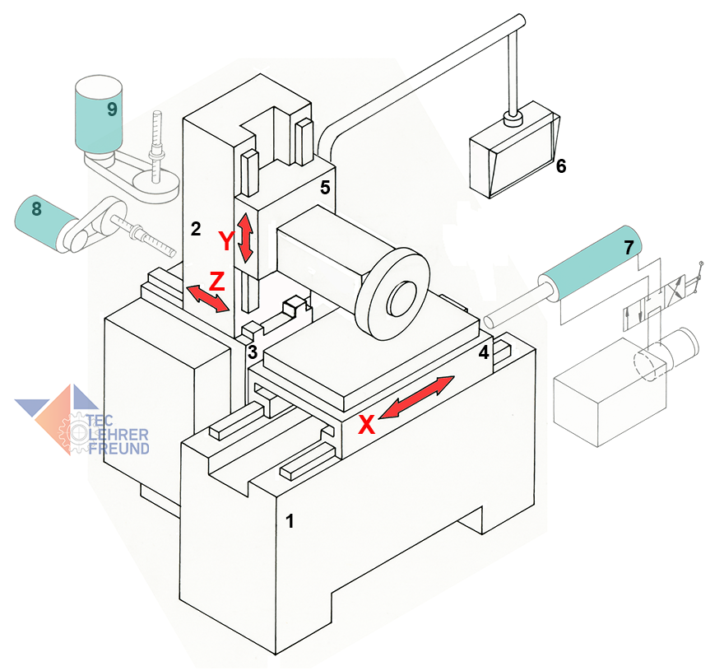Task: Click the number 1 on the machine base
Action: pos(288,520)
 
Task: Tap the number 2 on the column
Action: pos(196,230)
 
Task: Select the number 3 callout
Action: pos(253,352)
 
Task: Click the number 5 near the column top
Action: pos(325,188)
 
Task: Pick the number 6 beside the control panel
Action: pos(561,166)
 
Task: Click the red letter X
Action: pos(368,424)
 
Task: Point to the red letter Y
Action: pos(226,242)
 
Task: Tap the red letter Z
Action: pos(216,281)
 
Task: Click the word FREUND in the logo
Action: pos(120,448)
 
